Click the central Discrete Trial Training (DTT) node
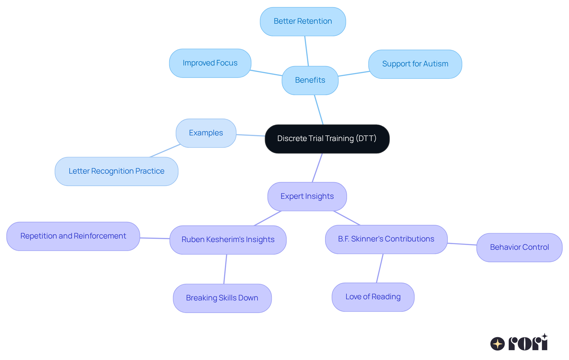[327, 139]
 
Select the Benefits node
[310, 80]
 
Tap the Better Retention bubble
[303, 21]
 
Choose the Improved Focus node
[210, 63]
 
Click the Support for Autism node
[415, 64]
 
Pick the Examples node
[206, 133]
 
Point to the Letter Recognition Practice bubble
[116, 171]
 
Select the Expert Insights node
[307, 196]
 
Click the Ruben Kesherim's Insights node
[228, 240]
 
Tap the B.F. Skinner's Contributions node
[386, 239]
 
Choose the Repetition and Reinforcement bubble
[73, 236]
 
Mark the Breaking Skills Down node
[222, 298]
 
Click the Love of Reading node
[373, 297]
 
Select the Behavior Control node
[519, 247]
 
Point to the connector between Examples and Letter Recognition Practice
[165, 151]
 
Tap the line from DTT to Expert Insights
[317, 168]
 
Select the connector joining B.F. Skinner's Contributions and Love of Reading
[380, 268]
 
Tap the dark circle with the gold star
[498, 344]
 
